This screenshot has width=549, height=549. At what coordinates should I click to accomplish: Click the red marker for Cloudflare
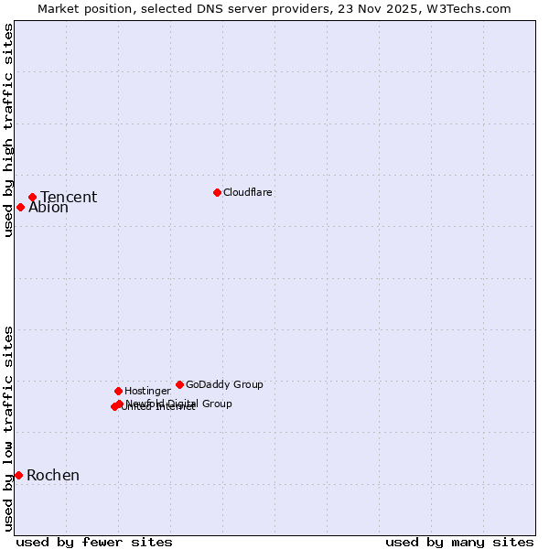coord(217,192)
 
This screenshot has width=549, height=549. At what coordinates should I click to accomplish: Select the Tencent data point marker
coord(32,197)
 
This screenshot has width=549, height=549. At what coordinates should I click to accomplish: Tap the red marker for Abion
coord(20,207)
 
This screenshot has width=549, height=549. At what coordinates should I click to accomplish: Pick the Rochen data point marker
coord(18,475)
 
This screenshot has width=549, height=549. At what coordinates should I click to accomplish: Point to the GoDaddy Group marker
coord(179,384)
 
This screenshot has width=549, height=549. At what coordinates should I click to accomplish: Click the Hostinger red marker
coord(118,391)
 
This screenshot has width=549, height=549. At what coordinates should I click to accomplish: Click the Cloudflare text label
coord(248,192)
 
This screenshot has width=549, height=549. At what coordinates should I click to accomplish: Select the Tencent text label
coord(69,197)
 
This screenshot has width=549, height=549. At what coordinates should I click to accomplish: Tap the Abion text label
coord(48,208)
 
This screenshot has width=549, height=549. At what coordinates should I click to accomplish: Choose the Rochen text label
coord(53,475)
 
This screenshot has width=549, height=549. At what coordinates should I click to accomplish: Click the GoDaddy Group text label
coord(224,384)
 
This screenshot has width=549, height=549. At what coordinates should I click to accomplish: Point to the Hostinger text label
coord(147,391)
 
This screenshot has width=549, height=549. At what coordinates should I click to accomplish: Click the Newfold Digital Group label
coord(179,403)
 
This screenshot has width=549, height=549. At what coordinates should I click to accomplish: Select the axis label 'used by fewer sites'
coord(94,542)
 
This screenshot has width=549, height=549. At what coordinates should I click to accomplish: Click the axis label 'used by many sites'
coord(459,542)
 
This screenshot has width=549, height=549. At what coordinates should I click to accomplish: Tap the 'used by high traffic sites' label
coord(8,130)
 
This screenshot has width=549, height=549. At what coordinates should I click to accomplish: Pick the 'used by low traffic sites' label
coord(8,427)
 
